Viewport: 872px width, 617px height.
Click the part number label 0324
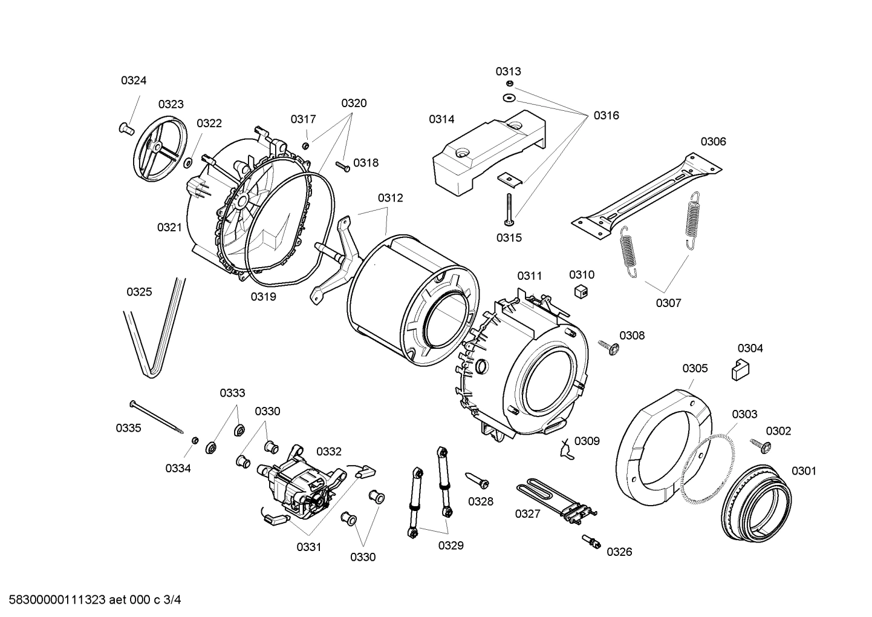[x=134, y=81]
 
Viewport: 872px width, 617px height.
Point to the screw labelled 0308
[x=608, y=347]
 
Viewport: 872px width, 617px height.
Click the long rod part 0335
[x=158, y=417]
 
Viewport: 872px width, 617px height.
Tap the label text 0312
[x=391, y=198]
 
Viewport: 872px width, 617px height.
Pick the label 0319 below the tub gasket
[x=264, y=296]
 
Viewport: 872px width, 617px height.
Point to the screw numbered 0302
[x=760, y=446]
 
